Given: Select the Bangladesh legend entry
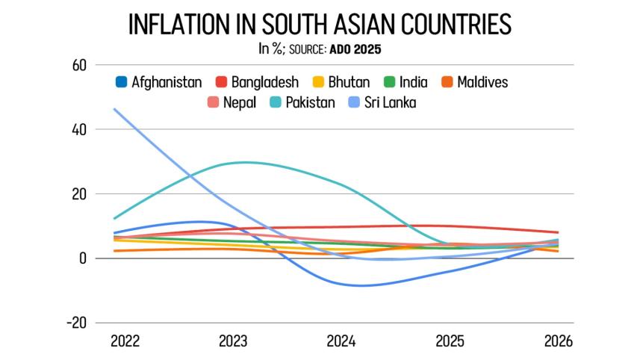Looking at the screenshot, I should [258, 82].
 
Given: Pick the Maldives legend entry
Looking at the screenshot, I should [473, 82].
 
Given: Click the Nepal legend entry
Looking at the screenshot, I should [233, 102].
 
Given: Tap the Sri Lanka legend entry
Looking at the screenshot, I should [382, 102].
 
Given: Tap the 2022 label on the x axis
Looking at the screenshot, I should [125, 341].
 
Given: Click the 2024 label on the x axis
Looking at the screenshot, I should [342, 341].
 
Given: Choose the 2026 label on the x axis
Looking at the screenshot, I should [558, 341].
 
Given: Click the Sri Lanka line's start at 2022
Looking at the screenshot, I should [114, 109].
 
